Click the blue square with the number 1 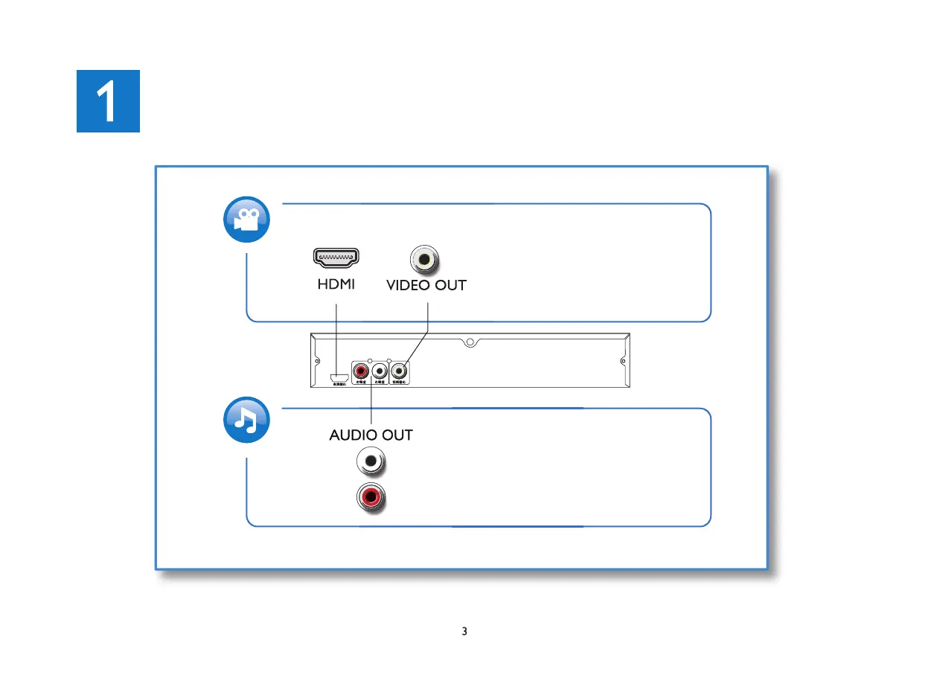click(108, 101)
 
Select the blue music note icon click(246, 422)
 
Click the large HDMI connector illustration click(336, 258)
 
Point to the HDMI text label click(336, 285)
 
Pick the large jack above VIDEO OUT click(425, 260)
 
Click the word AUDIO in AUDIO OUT click(354, 435)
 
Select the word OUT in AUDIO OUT click(397, 435)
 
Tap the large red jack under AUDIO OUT click(371, 495)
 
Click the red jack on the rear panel click(362, 369)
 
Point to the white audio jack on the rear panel click(380, 369)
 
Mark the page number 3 click(464, 632)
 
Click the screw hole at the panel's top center click(469, 343)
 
